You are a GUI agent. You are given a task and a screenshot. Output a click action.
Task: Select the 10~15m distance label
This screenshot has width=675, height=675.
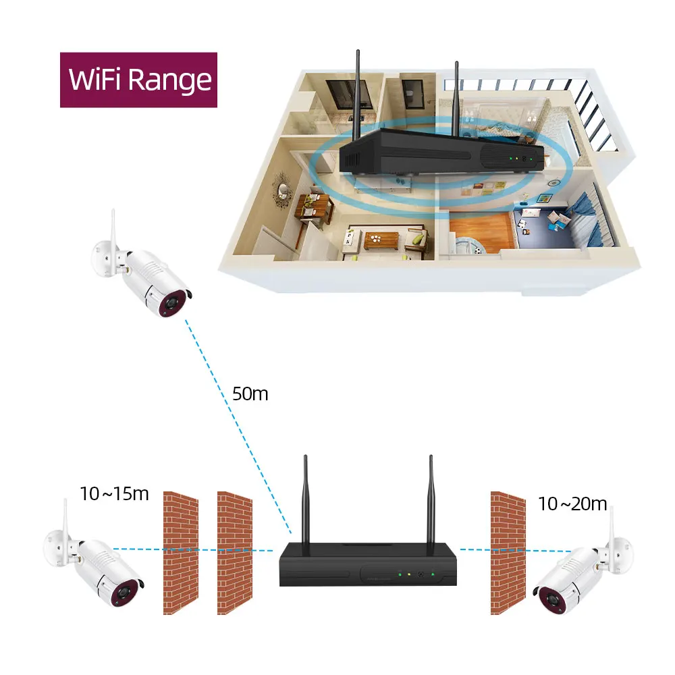pyautogui.click(x=114, y=493)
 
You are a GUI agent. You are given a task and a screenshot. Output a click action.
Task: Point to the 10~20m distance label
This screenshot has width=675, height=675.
pyautogui.click(x=572, y=504)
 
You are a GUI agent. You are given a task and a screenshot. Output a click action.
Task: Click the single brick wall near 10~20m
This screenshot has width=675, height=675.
pyautogui.click(x=508, y=553)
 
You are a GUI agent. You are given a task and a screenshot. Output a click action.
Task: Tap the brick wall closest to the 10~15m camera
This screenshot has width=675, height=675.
pyautogui.click(x=181, y=553)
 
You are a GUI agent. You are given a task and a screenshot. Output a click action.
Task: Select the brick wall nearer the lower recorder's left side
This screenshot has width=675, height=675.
pyautogui.click(x=234, y=553)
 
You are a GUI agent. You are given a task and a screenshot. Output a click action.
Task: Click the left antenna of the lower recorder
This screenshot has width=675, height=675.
pyautogui.click(x=305, y=500)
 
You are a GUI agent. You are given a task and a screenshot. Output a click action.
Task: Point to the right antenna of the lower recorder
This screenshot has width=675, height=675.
pyautogui.click(x=430, y=500)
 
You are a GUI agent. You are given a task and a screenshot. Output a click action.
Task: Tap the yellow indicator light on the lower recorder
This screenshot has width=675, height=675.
pyautogui.click(x=409, y=574)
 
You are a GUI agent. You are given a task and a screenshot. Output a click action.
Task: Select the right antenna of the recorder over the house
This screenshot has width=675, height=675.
pyautogui.click(x=457, y=94)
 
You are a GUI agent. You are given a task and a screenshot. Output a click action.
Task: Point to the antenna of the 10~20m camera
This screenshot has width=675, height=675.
pyautogui.click(x=612, y=526)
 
